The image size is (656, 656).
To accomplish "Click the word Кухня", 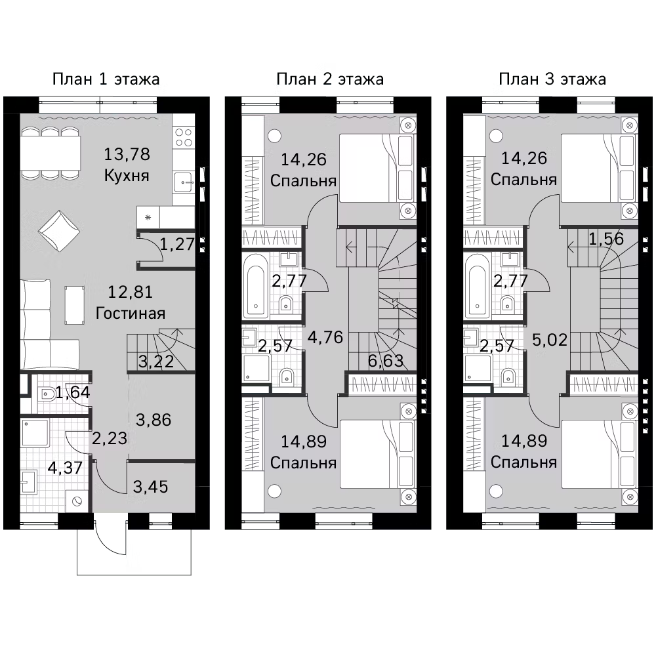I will coord(127,176).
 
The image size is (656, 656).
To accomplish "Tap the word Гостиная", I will coord(130,312).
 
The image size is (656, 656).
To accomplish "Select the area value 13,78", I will coord(127,155).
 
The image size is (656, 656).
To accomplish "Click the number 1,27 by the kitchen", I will coord(177,245).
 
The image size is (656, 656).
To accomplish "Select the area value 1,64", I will coord(72,393).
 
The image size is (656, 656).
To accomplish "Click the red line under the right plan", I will coord(510,526).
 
